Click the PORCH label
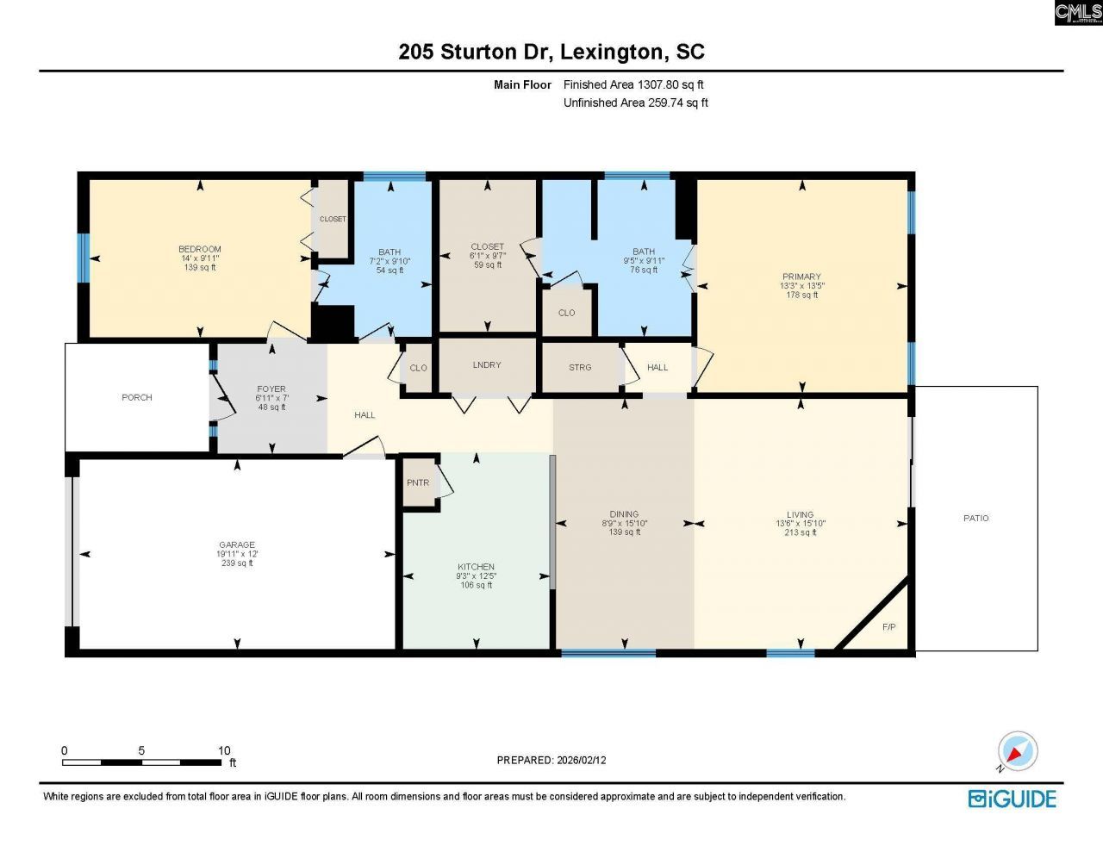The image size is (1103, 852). coord(137,397)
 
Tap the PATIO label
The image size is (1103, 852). coord(975,518)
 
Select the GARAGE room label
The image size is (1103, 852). coord(236,544)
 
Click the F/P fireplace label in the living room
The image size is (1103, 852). coord(888,626)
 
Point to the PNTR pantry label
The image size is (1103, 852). coord(418,482)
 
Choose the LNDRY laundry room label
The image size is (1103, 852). coord(487,364)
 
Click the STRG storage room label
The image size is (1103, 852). coord(580,367)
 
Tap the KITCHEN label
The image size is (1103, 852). coord(476,567)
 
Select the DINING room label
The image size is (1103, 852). coord(624,514)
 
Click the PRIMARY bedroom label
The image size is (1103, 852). coord(801,277)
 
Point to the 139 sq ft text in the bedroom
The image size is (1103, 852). coord(200,267)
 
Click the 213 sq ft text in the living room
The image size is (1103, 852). coord(800,532)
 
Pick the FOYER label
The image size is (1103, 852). coord(271,389)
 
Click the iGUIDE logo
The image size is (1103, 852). coord(1012,799)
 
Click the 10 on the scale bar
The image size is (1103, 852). coord(224,750)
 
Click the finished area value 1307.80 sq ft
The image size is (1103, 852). coord(670,84)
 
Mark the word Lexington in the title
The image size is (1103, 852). coord(611,52)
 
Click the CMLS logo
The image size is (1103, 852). coord(1078,12)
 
